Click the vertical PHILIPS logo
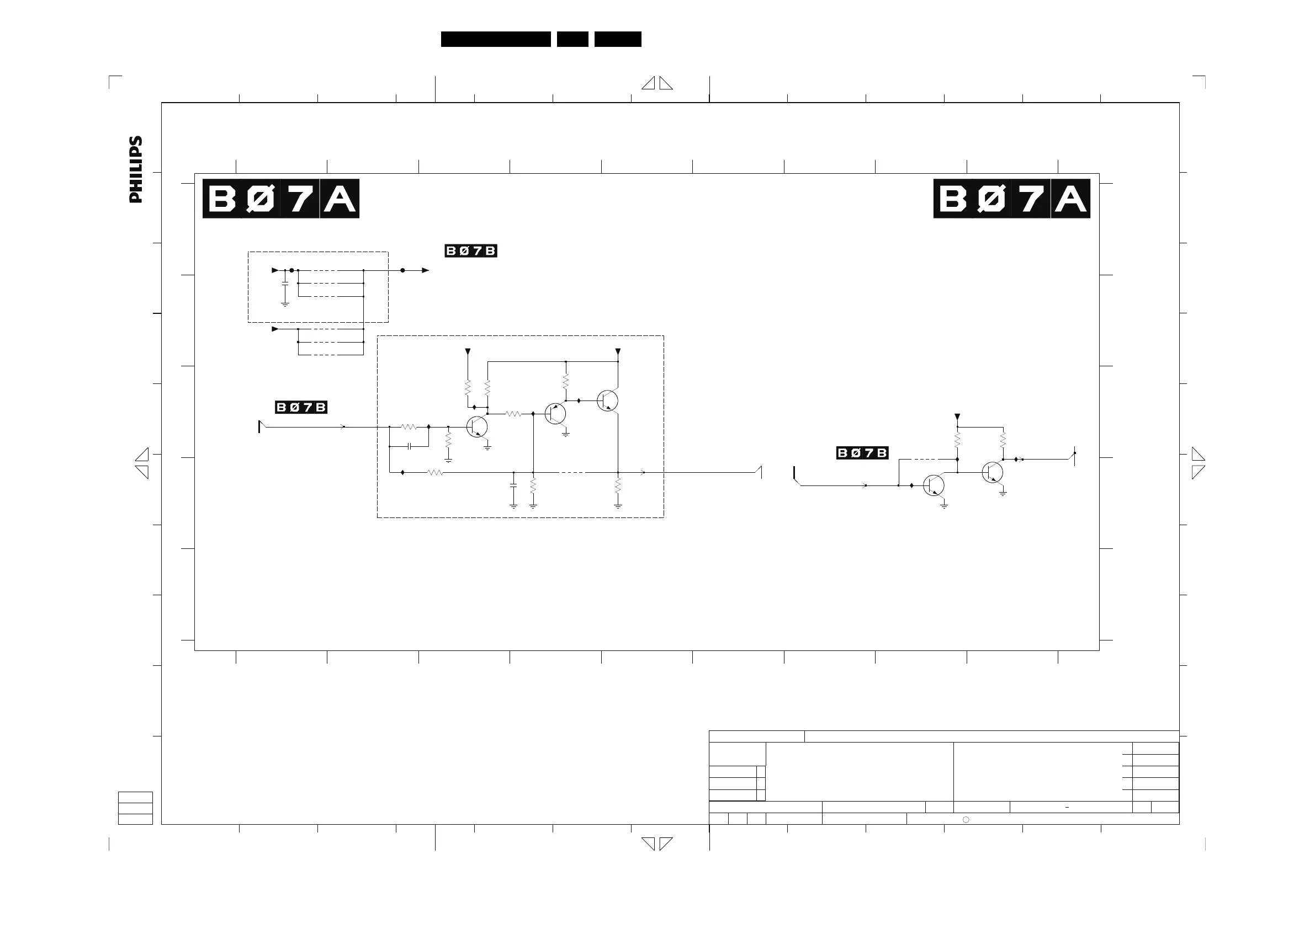coord(136,169)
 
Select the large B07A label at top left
coord(280,199)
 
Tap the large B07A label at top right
coord(1011,199)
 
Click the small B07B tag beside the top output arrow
coord(471,250)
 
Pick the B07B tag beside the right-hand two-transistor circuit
coord(862,453)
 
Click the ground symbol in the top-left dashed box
coord(285,305)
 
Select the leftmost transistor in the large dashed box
coord(477,427)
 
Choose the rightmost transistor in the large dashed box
coord(607,401)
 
